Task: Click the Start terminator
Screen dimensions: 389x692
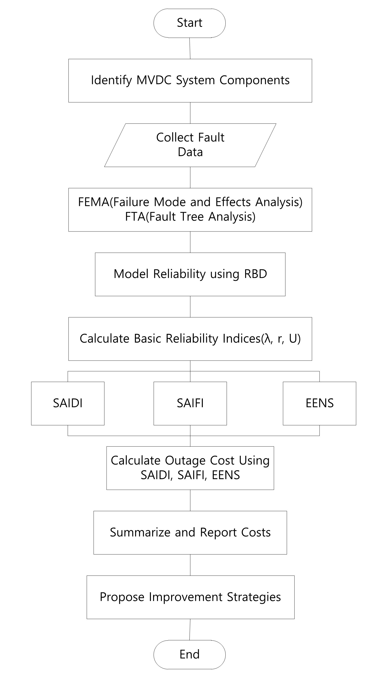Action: point(189,23)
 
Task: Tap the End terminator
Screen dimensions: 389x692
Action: point(189,654)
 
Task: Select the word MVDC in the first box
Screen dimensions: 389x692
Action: point(154,80)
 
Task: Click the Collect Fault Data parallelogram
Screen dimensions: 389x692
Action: point(190,145)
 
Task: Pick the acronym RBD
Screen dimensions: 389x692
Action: point(255,274)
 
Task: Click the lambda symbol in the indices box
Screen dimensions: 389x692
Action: point(267,338)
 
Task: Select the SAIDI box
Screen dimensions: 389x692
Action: point(68,403)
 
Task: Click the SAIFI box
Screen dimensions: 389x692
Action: point(190,403)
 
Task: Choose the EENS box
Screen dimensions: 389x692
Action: point(320,403)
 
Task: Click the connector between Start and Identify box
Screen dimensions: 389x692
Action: point(190,48)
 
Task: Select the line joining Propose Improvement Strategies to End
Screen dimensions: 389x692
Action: point(190,630)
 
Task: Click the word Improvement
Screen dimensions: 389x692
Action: point(186,597)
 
